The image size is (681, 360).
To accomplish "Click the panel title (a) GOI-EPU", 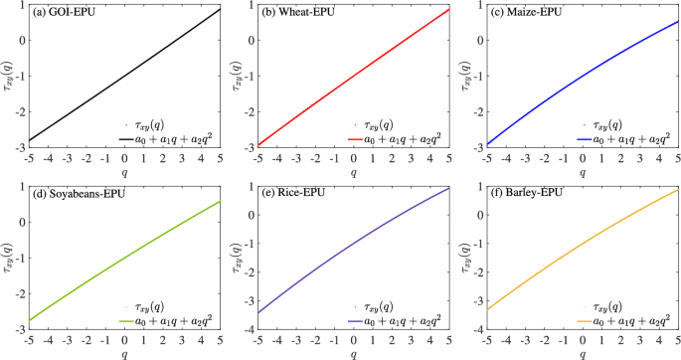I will (x=66, y=13).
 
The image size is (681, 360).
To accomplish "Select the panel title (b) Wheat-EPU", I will (x=298, y=13).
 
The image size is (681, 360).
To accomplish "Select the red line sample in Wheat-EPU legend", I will (x=361, y=139).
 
